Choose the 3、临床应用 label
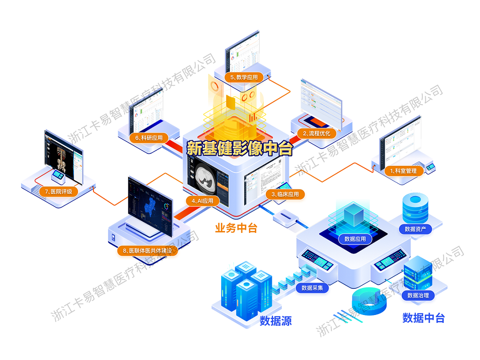pos(285,194)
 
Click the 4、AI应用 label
pos(202,201)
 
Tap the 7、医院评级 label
pos(58,192)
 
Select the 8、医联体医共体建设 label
pos(147,251)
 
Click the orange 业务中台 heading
pos(236,228)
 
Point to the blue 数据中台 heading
pos(423,318)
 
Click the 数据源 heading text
pos(275,320)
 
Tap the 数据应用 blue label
pos(355,239)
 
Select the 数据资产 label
pos(415,229)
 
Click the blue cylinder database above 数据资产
pos(415,207)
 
